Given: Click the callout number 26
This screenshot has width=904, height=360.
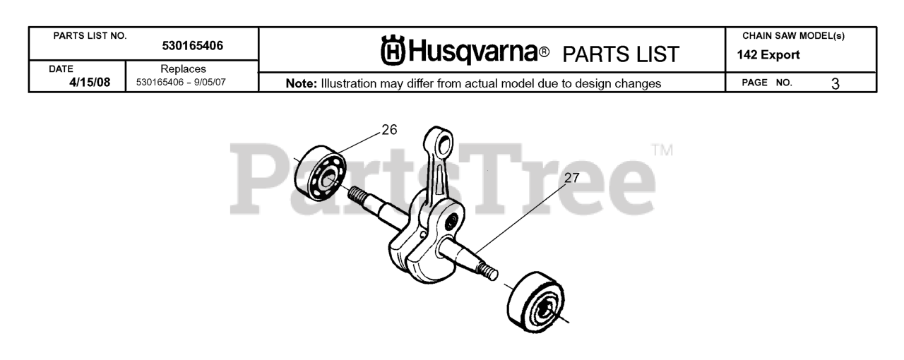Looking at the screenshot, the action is (389, 130).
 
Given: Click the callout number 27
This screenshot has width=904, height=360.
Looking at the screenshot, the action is (571, 179).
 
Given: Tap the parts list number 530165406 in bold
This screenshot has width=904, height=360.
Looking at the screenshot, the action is (192, 46).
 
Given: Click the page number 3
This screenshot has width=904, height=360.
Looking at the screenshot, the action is (835, 83).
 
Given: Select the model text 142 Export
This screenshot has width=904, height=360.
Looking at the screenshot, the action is (768, 56).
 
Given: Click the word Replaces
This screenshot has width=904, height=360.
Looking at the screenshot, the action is (183, 69).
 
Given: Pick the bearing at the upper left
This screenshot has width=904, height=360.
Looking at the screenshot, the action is (323, 174).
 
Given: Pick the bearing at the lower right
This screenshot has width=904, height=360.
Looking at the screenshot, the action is (535, 301).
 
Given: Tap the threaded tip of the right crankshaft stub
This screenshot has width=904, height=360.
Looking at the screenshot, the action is (486, 270).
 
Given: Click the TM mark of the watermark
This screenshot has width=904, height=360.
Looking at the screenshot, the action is (662, 150).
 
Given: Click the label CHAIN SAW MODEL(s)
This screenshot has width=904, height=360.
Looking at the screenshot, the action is (793, 36).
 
